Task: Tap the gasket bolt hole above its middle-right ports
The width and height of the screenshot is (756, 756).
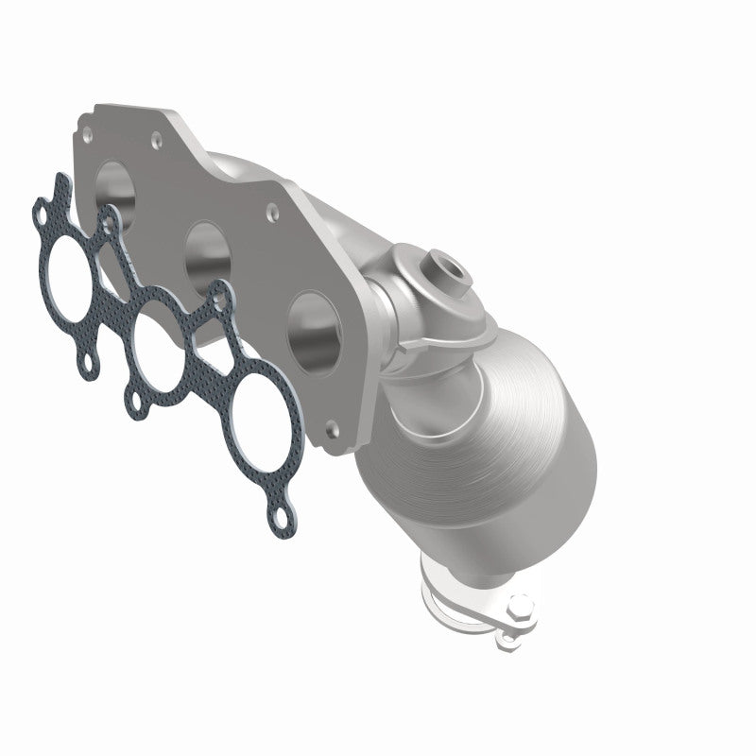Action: click(221, 300)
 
